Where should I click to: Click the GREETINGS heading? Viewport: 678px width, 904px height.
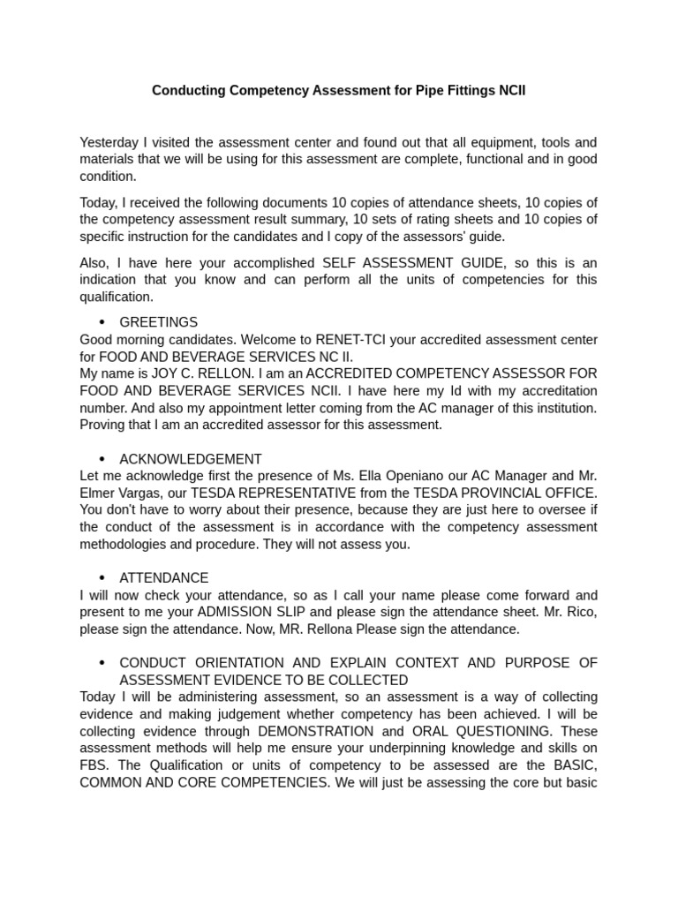tap(158, 322)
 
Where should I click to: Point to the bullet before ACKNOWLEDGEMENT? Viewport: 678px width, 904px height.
tap(102, 459)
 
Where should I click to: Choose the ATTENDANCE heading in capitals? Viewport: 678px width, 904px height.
tap(163, 578)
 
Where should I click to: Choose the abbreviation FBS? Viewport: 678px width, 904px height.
tap(94, 765)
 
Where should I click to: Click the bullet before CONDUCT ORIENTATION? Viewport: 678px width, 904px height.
tap(102, 663)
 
